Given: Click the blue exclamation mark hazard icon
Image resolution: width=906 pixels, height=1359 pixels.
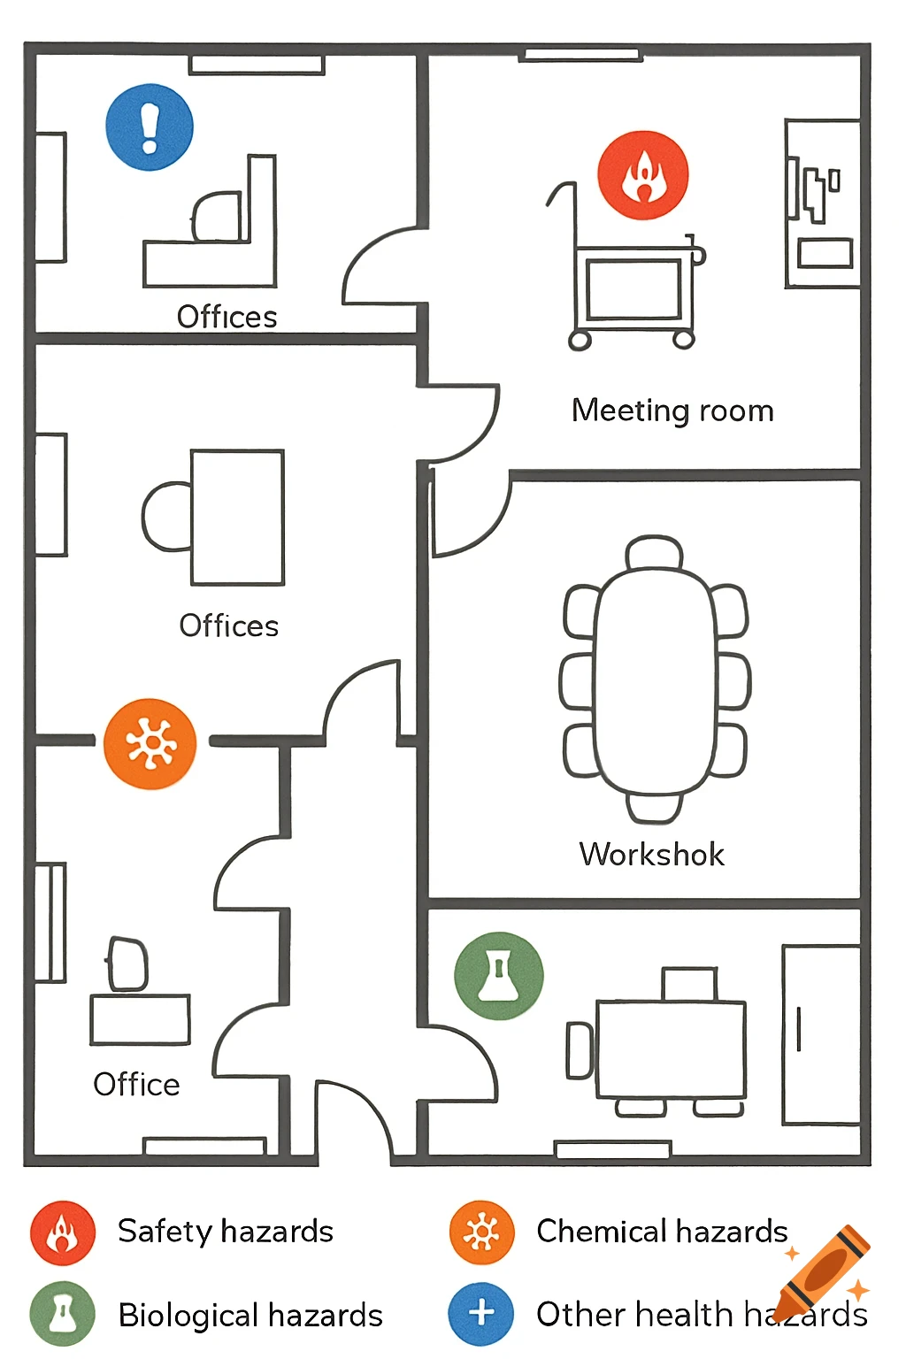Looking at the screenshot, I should coord(150,127).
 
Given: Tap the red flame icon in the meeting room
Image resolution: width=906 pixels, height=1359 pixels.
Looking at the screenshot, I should coord(642,175).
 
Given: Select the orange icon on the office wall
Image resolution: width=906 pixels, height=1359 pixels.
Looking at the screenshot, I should coord(150,743).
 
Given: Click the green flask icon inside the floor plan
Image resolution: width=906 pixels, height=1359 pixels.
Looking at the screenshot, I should coord(498,976).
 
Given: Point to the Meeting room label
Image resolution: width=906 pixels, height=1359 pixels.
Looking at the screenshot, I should coord(672,411).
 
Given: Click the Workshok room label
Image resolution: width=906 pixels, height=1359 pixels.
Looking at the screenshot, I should coord(651,855).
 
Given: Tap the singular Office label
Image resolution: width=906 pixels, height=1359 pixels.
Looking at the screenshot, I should coord(136,1084).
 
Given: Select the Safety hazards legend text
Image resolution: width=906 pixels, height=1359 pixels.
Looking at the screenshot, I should coord(226,1232).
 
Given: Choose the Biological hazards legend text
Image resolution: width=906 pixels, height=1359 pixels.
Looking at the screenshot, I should coord(250,1316).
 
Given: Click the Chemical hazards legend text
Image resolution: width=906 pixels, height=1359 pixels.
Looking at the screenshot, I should coord(662,1232).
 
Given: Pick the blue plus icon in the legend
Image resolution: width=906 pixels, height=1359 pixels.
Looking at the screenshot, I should coord(481,1314).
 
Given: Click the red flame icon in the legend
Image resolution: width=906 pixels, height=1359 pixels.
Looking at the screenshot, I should coord(62,1232).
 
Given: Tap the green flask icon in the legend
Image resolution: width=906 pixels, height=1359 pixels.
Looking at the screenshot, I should coord(62,1315).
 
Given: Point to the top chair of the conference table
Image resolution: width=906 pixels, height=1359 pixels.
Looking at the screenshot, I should coord(655,552).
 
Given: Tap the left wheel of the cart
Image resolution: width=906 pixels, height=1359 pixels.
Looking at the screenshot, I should coord(580,340).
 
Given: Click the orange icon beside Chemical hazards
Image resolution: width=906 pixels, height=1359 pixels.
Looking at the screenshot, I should coord(481,1232).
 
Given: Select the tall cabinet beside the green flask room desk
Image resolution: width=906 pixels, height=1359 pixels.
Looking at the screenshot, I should coord(821,1034).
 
